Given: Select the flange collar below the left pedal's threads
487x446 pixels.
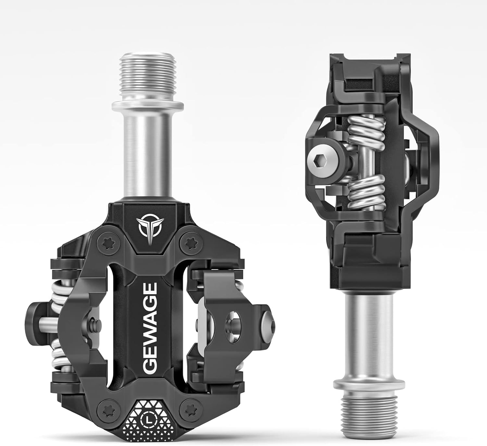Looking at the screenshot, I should pyautogui.click(x=148, y=106).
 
